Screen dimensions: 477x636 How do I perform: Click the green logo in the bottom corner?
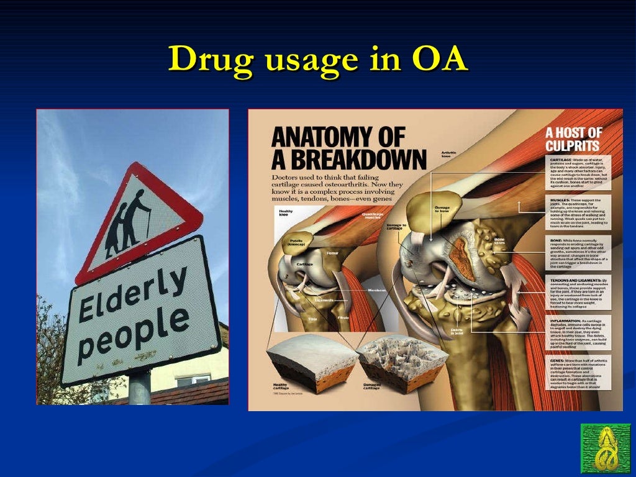tap(605, 448)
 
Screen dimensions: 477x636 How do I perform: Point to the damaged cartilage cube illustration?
tap(401, 364)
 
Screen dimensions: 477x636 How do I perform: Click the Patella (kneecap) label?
tap(296, 243)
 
